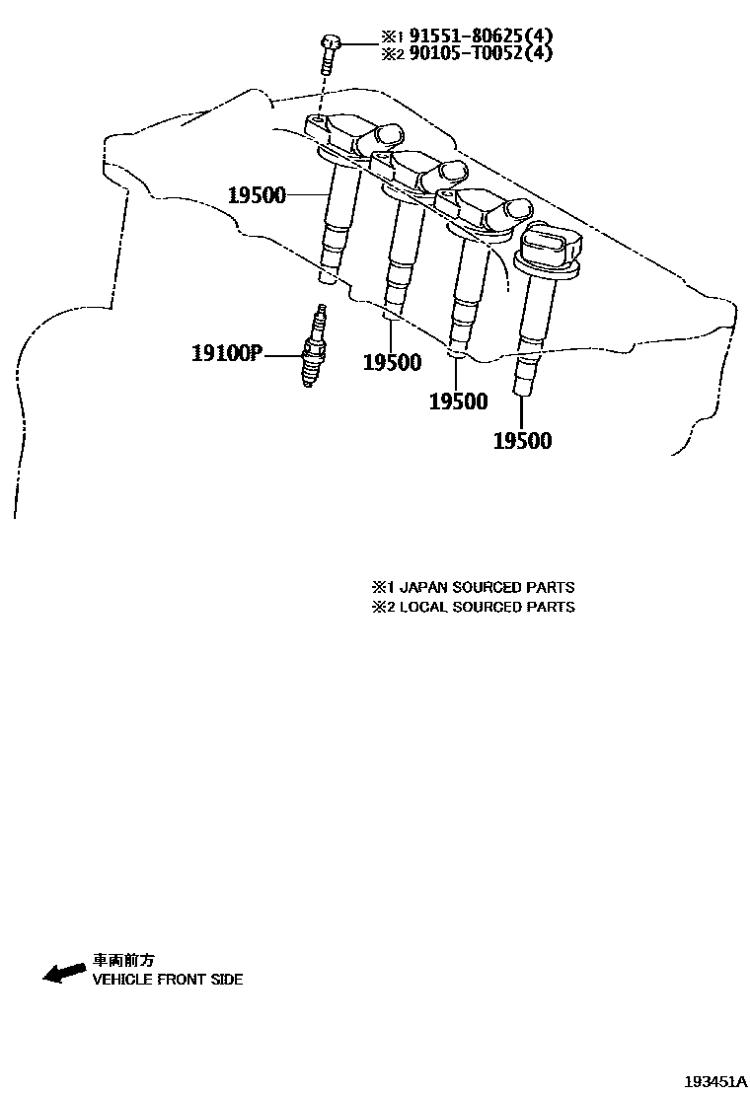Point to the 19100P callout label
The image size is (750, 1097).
[x=225, y=353]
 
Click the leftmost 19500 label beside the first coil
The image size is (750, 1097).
[x=257, y=194]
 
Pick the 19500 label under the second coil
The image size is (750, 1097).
[x=392, y=363]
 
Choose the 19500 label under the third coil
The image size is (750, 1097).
[x=459, y=402]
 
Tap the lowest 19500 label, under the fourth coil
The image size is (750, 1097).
[x=522, y=441]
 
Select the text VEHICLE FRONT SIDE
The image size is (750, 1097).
[x=167, y=980]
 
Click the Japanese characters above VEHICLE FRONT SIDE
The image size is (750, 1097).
[x=124, y=959]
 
